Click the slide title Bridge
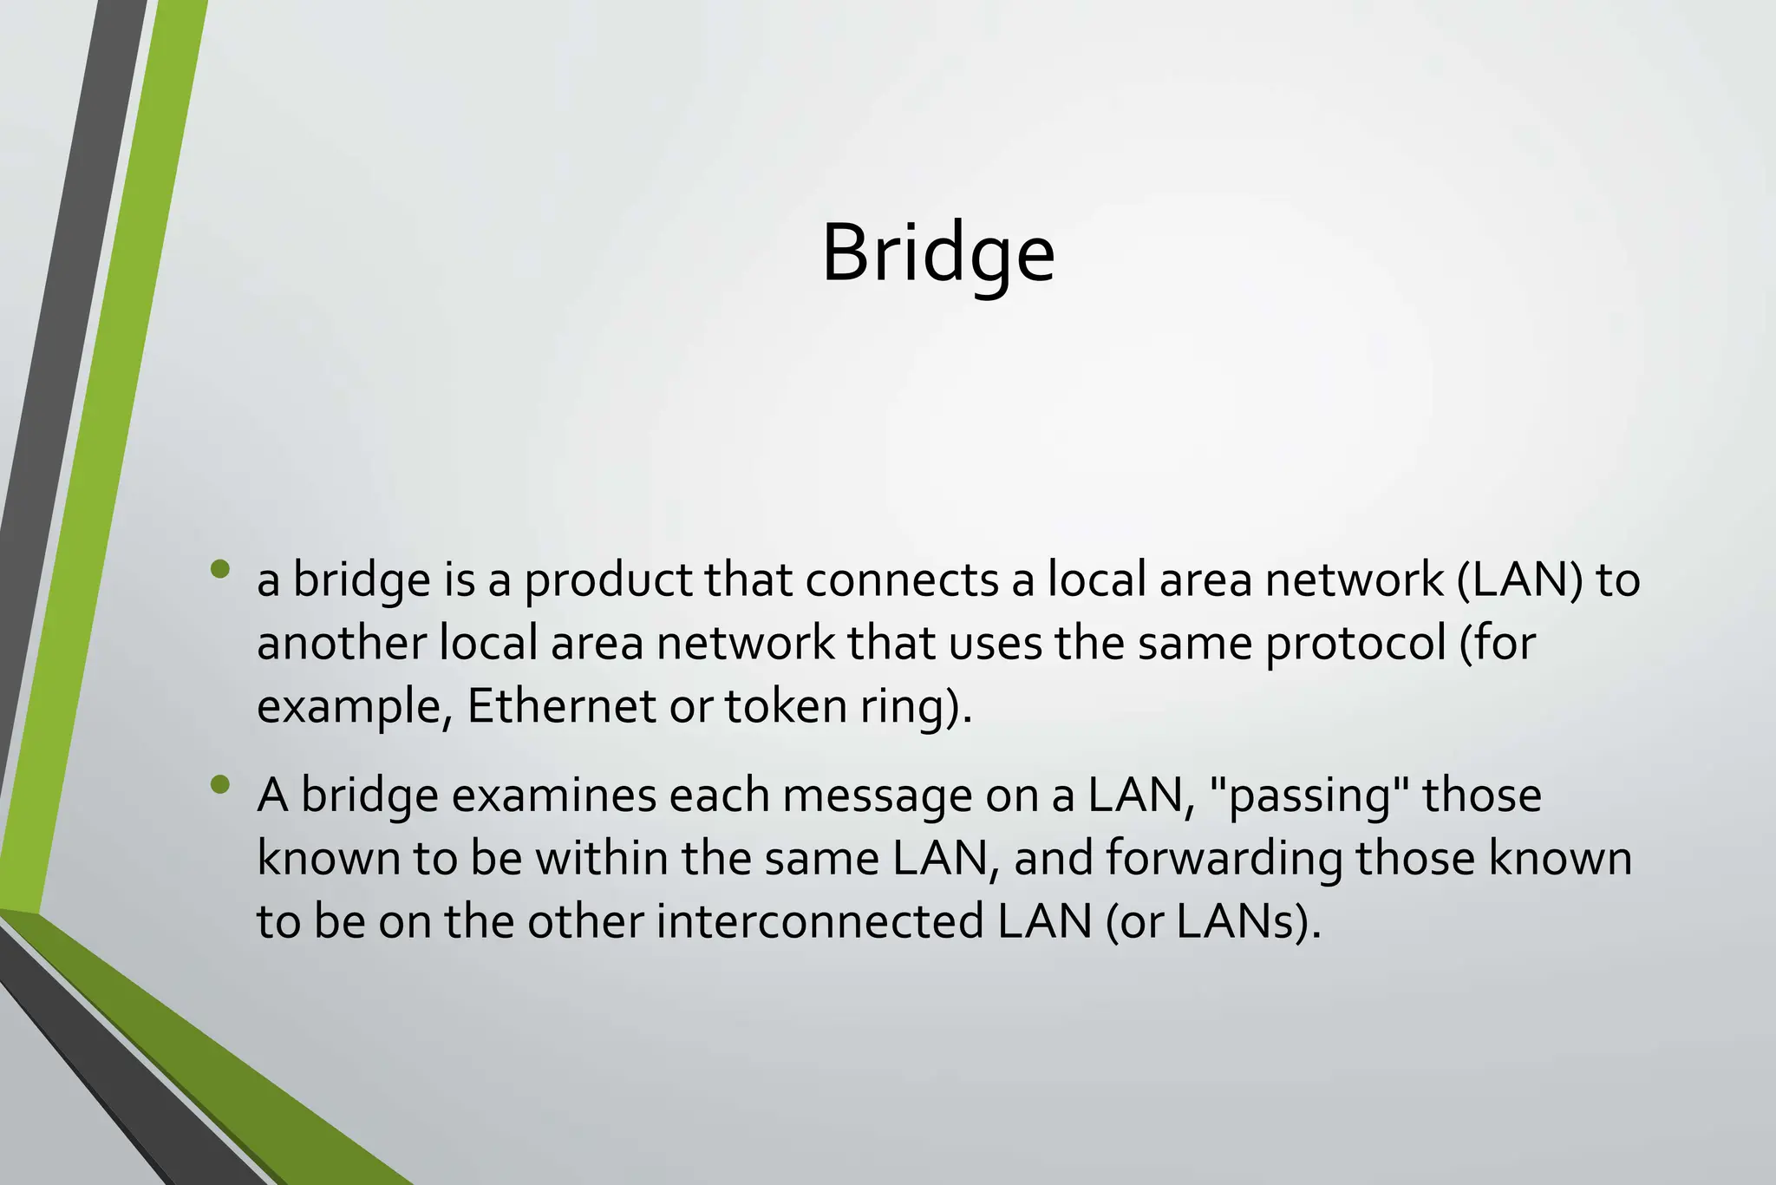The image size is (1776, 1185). coord(938,253)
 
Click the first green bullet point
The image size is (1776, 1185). coord(220,569)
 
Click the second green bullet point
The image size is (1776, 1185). coord(220,784)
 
